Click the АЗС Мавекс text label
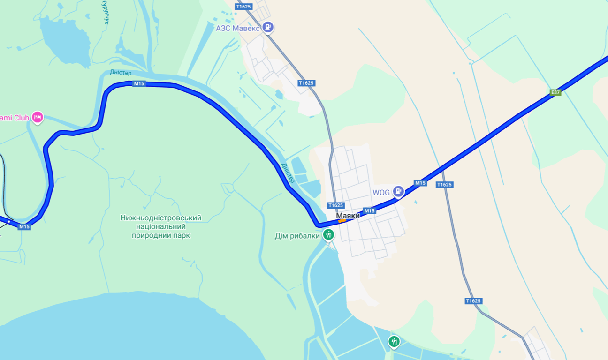point(237,28)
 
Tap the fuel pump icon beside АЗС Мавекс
point(268,27)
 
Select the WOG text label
point(381,193)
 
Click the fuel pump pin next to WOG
point(398,191)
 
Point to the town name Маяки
point(348,216)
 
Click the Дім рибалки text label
point(297,236)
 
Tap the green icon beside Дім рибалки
point(328,234)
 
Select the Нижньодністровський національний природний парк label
point(161,226)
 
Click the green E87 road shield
point(555,92)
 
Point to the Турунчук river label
point(106,12)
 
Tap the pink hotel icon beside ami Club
point(38,117)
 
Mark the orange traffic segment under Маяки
point(342,221)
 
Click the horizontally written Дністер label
point(121,73)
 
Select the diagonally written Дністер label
point(288,173)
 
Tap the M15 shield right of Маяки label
point(370,211)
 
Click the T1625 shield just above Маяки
point(336,205)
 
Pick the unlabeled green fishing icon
point(394,341)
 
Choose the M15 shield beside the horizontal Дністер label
point(139,83)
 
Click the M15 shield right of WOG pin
point(420,183)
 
